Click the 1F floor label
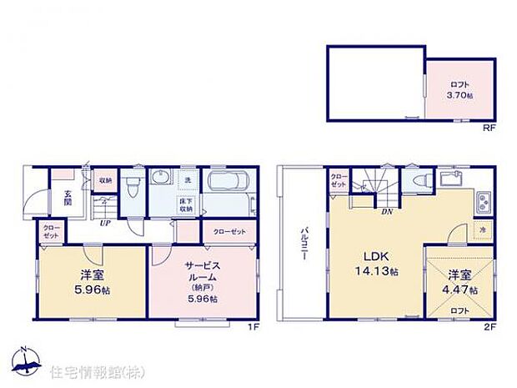point(254,326)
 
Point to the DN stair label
point(386,212)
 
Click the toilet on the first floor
point(132,185)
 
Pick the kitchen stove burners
point(483,202)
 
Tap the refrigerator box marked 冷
point(481,229)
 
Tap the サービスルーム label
point(201,274)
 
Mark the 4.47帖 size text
point(459,289)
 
